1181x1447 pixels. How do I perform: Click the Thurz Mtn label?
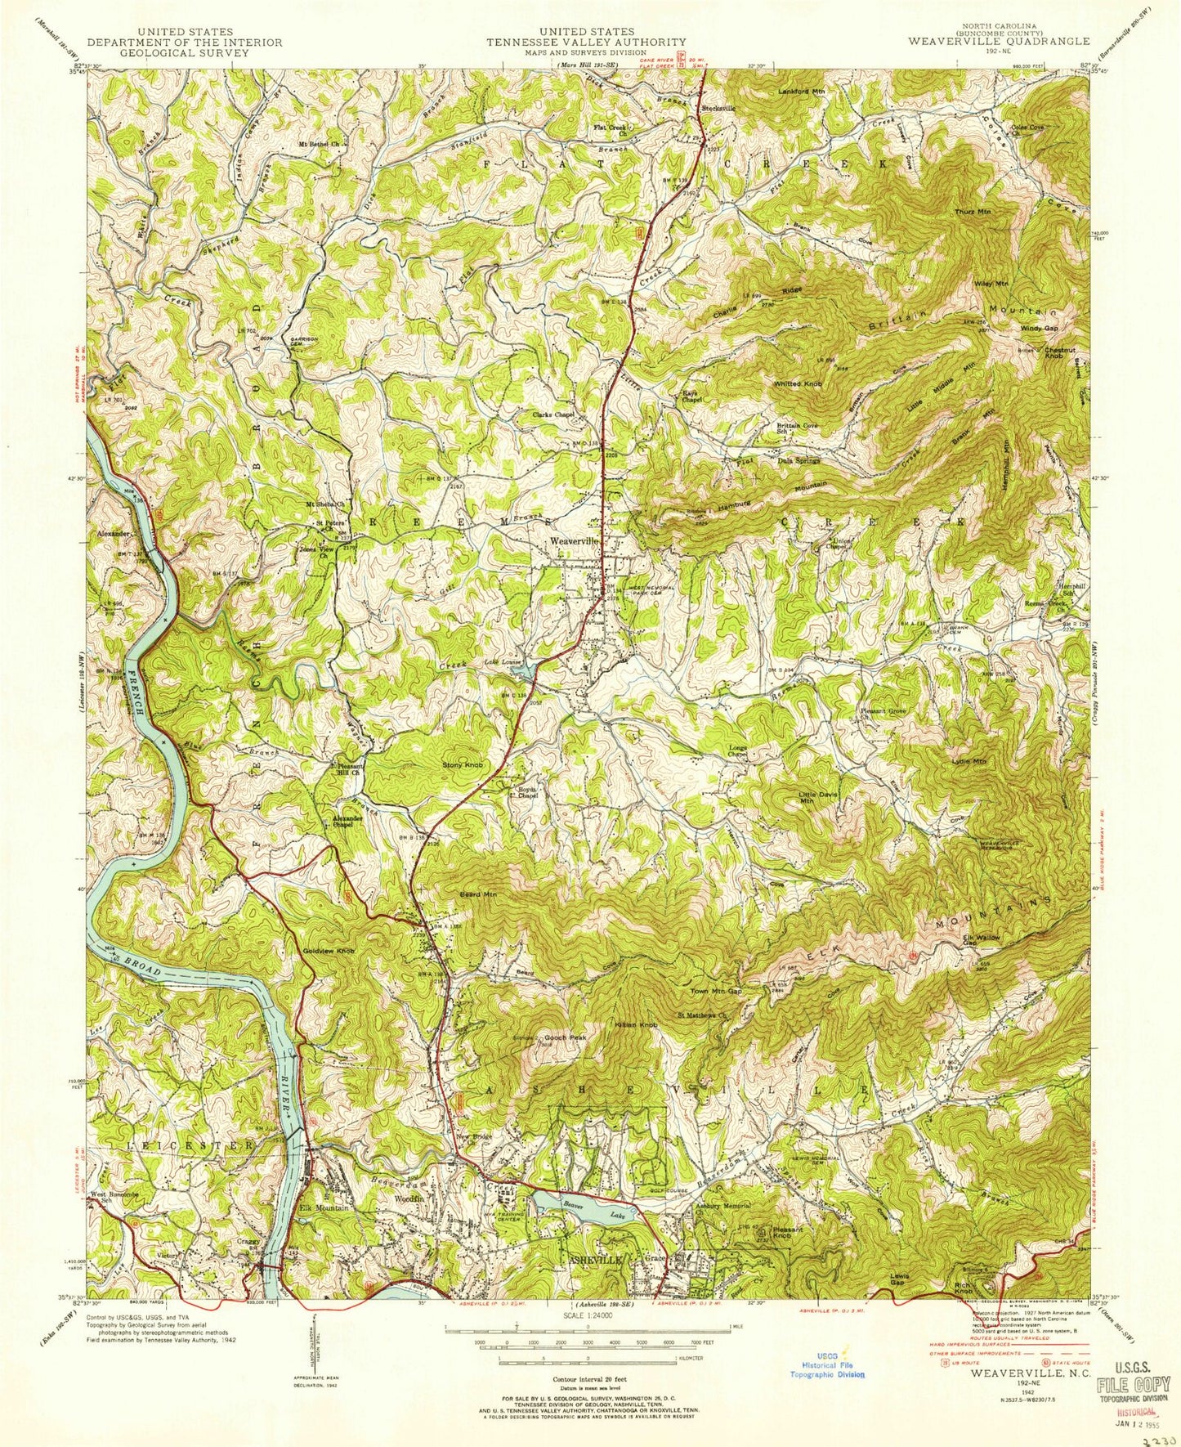[972, 211]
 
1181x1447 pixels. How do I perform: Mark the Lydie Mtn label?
[969, 761]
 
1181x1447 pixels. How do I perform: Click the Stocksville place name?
[719, 108]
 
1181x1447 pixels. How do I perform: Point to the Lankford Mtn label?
[802, 92]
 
